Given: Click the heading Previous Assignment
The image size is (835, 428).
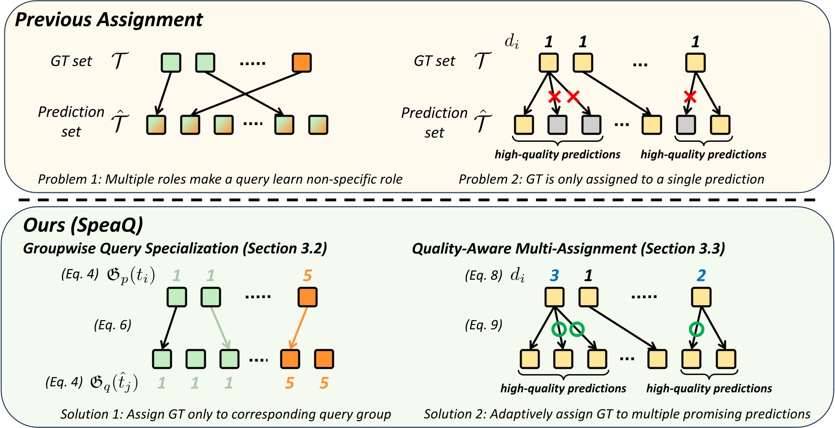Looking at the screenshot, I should [109, 20].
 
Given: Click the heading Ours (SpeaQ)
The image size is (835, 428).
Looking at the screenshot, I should [83, 225].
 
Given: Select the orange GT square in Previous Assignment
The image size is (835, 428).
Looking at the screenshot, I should [302, 63].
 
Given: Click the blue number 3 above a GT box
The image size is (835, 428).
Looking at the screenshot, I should [554, 276].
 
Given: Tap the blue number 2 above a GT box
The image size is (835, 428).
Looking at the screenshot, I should [701, 276].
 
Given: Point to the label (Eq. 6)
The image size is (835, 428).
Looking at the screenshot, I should [113, 325].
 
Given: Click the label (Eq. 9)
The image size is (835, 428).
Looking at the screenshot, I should [483, 325].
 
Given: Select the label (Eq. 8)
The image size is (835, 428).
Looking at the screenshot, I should [483, 276].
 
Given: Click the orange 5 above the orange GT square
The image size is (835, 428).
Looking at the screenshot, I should [307, 276].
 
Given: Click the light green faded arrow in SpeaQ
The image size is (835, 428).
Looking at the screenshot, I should [219, 328].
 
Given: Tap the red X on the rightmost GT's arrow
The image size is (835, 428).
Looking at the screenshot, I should [690, 97].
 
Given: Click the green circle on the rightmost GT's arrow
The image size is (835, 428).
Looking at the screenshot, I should [696, 329].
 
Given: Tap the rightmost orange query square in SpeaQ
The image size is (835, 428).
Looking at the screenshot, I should [324, 359].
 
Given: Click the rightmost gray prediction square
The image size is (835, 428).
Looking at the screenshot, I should [686, 125].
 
